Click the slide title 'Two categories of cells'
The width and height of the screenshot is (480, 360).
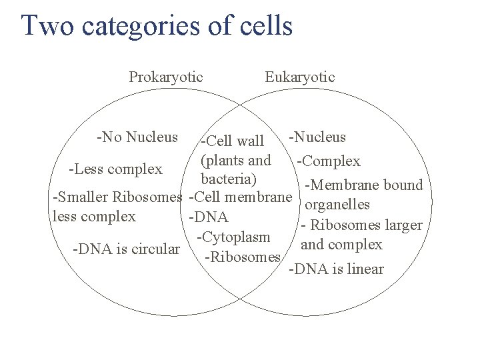[x=157, y=26]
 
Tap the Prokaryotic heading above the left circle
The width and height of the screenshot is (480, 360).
[x=166, y=77]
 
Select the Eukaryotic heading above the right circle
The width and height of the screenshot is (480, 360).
[x=300, y=77]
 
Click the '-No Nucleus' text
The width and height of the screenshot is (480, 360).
[x=137, y=137]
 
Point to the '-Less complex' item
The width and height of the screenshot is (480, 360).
[x=115, y=169]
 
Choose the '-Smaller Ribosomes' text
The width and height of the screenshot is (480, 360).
[x=117, y=197]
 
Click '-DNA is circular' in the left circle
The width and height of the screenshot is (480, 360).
[x=127, y=249]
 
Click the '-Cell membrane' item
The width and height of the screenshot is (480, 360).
[x=241, y=197]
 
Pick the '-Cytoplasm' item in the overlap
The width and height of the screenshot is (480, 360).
[x=233, y=237]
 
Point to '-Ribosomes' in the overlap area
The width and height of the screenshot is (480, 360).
[x=243, y=257]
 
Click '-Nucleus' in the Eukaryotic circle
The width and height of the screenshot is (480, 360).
[x=317, y=137]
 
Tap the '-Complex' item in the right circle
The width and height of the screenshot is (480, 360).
[x=329, y=161]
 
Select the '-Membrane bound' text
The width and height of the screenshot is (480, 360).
[x=363, y=185]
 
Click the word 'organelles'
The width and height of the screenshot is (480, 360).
[x=337, y=205]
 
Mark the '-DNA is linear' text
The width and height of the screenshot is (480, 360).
[x=336, y=269]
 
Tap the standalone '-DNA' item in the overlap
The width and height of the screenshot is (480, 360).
[x=209, y=217]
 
